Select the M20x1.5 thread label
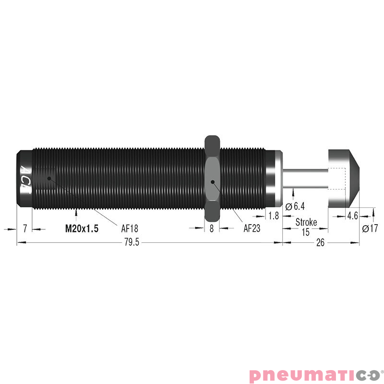(82, 229)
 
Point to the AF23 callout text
(252, 229)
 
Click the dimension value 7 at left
(25, 229)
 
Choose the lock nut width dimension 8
(212, 229)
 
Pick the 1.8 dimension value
(274, 216)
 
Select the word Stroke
(306, 222)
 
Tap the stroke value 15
(306, 232)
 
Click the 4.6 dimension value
(352, 216)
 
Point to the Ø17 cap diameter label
(371, 229)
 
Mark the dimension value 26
(320, 243)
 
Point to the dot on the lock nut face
(212, 182)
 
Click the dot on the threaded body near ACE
(48, 178)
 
